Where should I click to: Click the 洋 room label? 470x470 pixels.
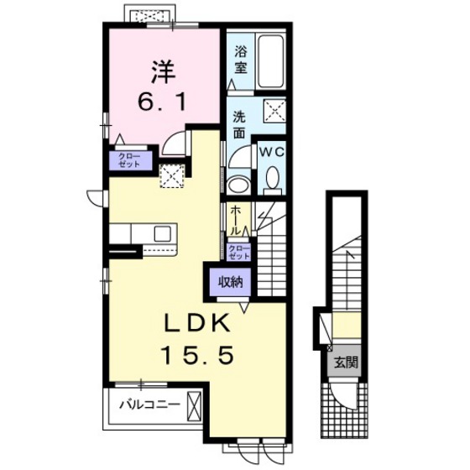tap(163, 73)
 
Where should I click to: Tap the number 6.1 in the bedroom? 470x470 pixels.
tap(163, 102)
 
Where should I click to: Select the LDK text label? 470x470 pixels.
tap(196, 323)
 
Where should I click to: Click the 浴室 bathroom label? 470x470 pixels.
tap(241, 60)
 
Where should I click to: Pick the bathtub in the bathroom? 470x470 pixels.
tap(270, 62)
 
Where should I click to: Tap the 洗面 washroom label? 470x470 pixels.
tap(239, 125)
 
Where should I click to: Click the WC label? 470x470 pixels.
tap(271, 152)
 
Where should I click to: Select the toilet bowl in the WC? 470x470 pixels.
tap(273, 178)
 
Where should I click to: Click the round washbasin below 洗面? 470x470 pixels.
tap(238, 185)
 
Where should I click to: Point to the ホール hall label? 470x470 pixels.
tap(236, 221)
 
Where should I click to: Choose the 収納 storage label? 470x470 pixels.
tap(230, 282)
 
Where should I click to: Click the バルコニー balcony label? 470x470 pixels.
tap(150, 405)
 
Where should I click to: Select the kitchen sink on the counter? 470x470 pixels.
tap(163, 234)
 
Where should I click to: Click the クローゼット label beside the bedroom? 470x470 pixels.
tap(129, 160)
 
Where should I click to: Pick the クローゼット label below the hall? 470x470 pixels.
tap(239, 253)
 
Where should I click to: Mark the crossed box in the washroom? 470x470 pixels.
tap(274, 111)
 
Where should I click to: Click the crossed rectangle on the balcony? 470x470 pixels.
tap(193, 406)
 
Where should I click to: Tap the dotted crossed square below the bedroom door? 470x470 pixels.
tap(172, 176)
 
